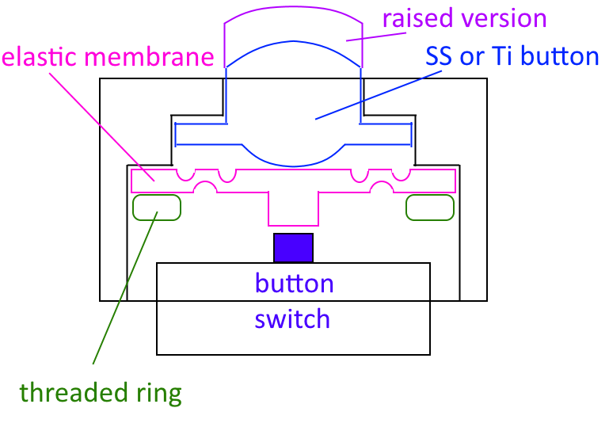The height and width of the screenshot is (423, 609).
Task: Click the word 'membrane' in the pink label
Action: click(149, 56)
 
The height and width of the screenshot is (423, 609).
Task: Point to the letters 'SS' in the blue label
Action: click(439, 55)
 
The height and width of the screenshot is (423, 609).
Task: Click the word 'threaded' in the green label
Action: click(74, 392)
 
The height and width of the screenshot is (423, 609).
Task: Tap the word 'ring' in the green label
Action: click(159, 394)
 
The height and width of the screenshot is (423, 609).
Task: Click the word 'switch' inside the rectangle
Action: click(292, 319)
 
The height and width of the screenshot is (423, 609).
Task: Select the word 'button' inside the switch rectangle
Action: click(295, 283)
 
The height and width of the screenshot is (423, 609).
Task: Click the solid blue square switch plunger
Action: click(293, 248)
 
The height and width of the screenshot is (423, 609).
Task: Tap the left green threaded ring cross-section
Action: click(157, 208)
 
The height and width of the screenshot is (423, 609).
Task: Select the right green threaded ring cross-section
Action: click(430, 208)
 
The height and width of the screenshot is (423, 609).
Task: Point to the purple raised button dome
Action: click(293, 8)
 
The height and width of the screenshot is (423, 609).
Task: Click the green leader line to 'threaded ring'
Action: click(125, 288)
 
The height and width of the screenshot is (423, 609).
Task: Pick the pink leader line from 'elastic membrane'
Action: click(101, 127)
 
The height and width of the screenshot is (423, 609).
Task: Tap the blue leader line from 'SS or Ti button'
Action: click(379, 95)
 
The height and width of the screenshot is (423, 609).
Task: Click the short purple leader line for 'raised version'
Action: click(376, 36)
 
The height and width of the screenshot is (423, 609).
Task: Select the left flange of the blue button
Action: click(201, 135)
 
